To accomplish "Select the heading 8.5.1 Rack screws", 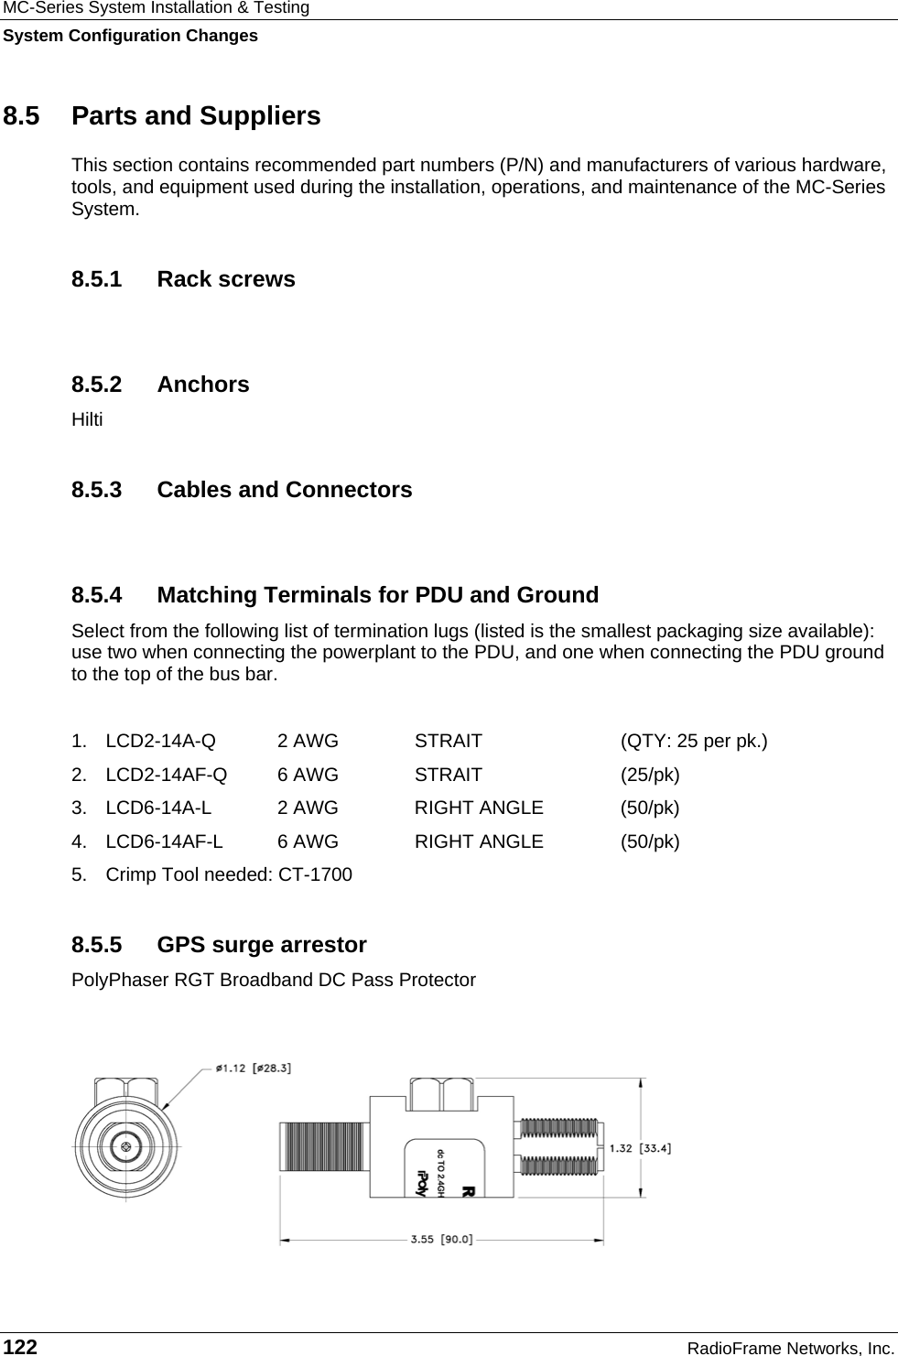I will [x=183, y=279].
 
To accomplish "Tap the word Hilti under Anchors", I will [x=87, y=420].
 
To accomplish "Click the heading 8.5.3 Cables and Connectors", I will [x=242, y=490].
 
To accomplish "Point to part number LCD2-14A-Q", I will [x=161, y=741].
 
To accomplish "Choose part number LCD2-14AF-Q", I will [x=167, y=775].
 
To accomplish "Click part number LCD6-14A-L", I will [x=158, y=808].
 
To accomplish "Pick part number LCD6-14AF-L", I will [x=164, y=841].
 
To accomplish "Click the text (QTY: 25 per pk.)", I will [x=694, y=741].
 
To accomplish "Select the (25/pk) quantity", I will [x=650, y=775].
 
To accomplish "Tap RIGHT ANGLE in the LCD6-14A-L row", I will [x=479, y=808].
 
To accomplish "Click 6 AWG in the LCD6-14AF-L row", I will [x=308, y=841].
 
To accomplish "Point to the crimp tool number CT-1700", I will [x=315, y=874].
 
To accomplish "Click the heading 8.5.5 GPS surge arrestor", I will [x=219, y=945].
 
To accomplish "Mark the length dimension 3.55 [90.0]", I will [x=442, y=1240].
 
